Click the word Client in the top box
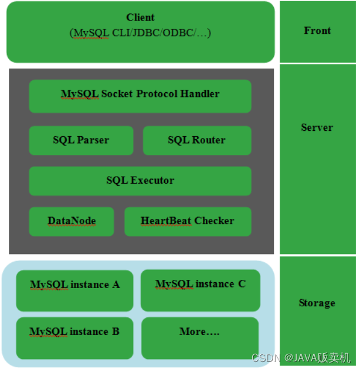pos(140,18)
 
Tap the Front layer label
pos(317,31)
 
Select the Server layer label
pos(317,127)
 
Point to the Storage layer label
pos(317,303)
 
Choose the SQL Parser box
pos(81,141)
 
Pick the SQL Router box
pos(196,141)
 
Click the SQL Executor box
pos(140,181)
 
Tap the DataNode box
pos(72,221)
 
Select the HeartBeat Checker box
pos(188,221)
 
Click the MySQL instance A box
pos(74,290)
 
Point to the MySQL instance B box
pos(74,337)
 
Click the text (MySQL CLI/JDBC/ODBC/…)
pos(140,33)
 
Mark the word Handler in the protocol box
pos(200,93)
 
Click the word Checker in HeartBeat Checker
pos(214,221)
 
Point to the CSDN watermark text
pos(264,357)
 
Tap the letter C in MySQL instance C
pos(242,284)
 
